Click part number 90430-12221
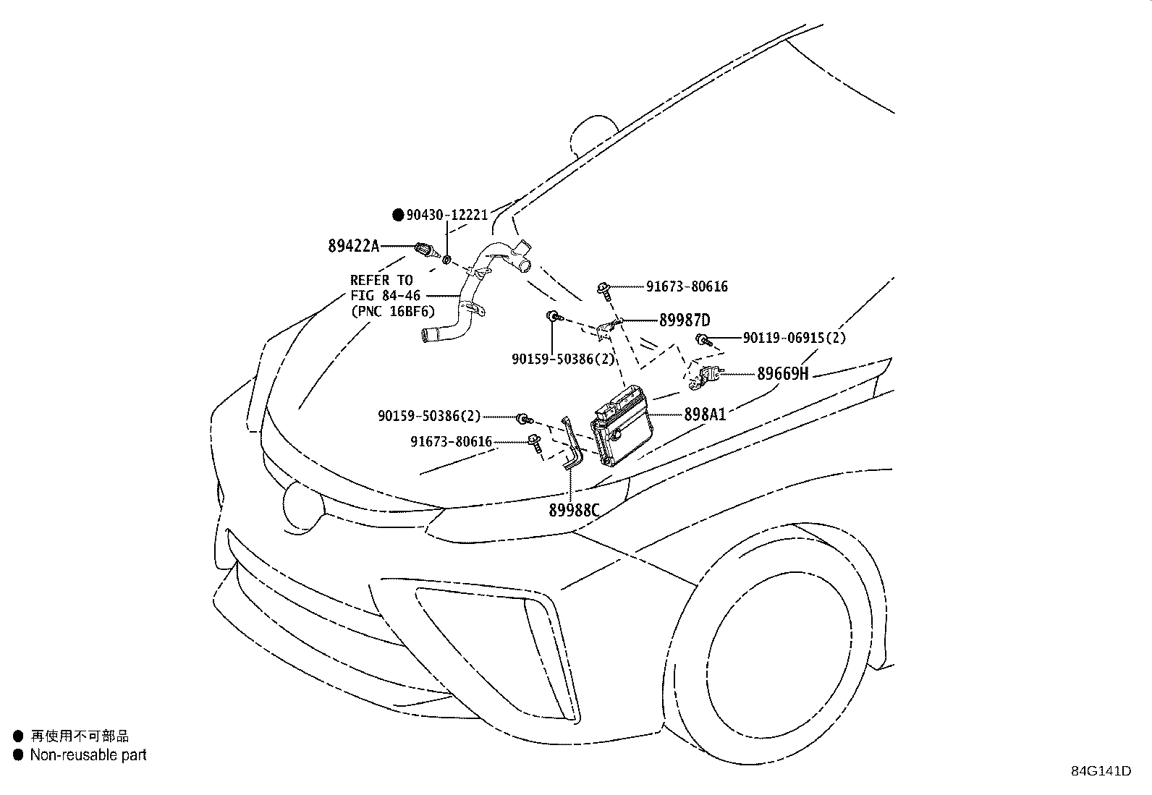446,215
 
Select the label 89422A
353,246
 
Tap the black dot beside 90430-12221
397,215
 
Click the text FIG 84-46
386,295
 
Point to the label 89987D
684,320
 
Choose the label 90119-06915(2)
794,338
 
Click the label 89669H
782,374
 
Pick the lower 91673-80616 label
451,441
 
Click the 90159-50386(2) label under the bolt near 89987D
563,359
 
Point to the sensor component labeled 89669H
706,376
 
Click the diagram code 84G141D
1101,771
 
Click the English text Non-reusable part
88,755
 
